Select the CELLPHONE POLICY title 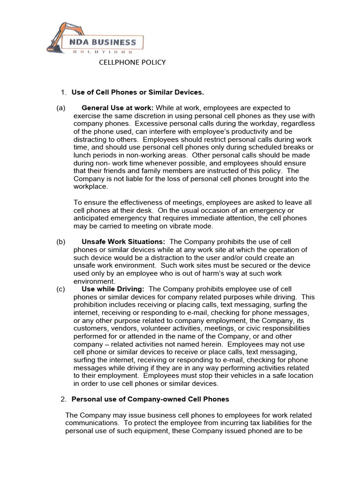coord(132,62)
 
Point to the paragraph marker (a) coord(61,108)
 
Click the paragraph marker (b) coord(61,241)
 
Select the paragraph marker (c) coord(61,289)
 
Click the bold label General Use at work coord(117,108)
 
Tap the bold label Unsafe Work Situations coord(123,241)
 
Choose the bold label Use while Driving coord(113,289)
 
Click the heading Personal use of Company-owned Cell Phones coord(150,399)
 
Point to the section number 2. coord(64,399)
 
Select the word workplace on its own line coord(90,187)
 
